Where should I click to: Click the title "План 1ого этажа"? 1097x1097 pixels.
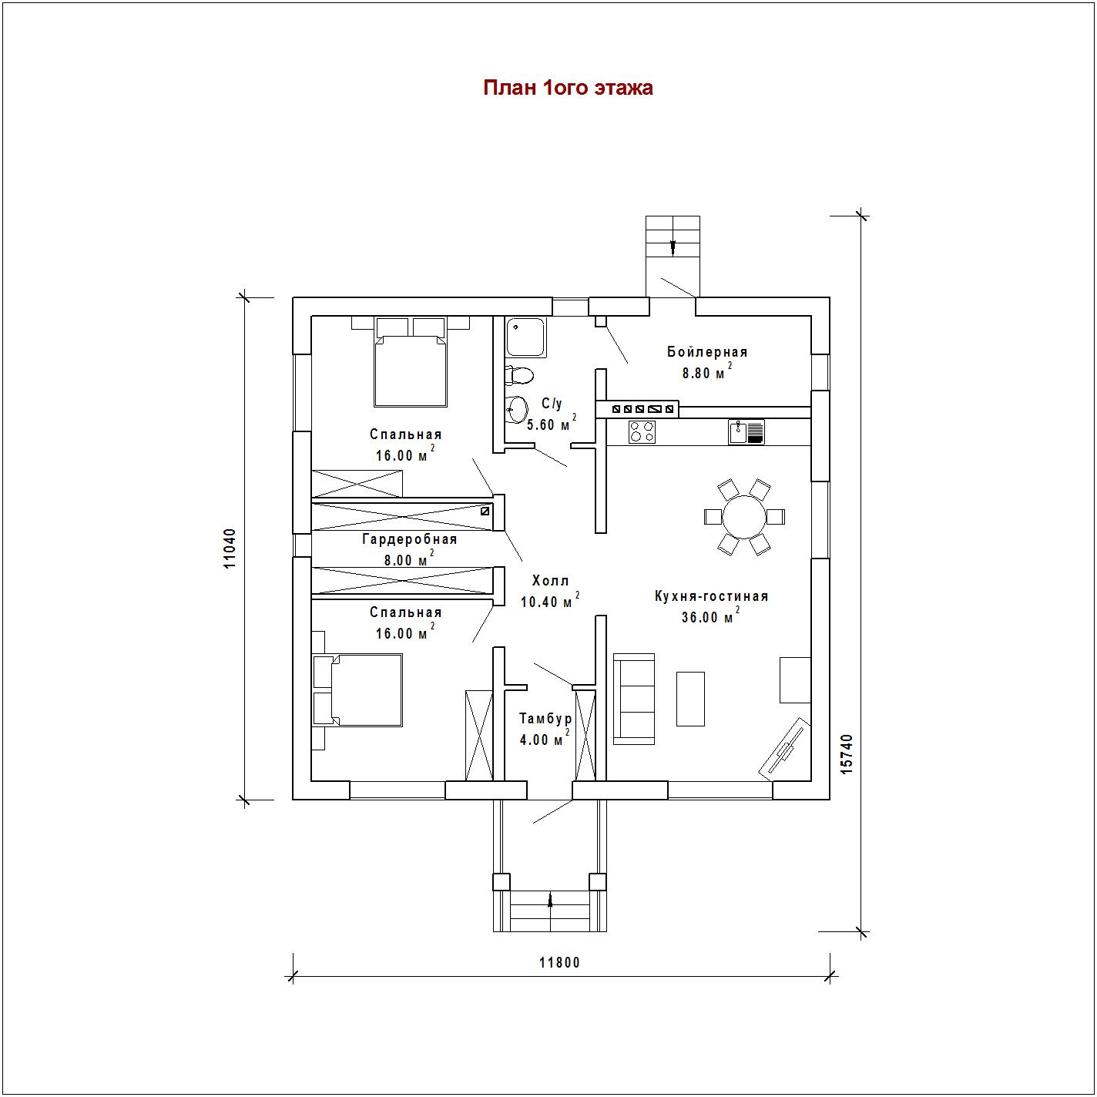point(568,89)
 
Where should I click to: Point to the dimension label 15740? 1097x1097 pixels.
point(847,754)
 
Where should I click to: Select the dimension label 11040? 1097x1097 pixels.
point(230,548)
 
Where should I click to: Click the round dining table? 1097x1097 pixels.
point(744,517)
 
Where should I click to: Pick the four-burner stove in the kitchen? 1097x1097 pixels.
point(642,432)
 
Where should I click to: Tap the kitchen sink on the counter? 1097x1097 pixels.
point(746,432)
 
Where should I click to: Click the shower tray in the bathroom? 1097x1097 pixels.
point(526,337)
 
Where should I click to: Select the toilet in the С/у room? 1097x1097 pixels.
point(518,375)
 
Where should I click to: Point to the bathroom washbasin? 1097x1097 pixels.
point(517,409)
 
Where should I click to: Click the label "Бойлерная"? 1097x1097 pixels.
point(707,352)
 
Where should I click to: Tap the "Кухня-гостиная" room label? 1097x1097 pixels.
point(712,596)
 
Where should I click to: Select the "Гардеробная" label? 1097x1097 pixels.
point(410,539)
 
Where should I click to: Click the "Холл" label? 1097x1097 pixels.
point(551,581)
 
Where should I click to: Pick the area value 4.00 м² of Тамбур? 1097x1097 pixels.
point(544,738)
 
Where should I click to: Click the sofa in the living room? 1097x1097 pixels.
point(633,699)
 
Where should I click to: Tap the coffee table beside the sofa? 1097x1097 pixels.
point(690,699)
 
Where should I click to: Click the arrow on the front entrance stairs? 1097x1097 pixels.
point(550,900)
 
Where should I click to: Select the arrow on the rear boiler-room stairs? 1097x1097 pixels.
point(673,247)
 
